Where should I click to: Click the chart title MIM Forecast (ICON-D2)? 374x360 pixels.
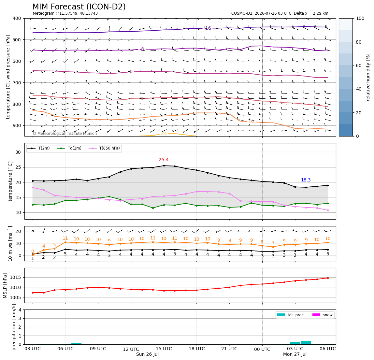79,7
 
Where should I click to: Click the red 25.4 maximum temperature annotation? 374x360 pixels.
164,160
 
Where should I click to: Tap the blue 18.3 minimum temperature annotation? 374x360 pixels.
306,180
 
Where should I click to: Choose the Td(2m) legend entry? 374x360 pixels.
69,148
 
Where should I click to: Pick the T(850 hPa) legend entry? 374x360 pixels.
104,148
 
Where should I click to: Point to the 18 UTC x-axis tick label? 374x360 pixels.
196,349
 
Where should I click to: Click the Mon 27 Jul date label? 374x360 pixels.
295,354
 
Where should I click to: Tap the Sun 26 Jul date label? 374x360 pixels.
147,354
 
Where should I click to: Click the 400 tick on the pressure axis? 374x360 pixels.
17,18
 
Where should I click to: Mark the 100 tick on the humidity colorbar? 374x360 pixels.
360,18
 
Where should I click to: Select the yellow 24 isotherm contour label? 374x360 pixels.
164,134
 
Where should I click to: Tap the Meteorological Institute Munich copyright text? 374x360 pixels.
65,133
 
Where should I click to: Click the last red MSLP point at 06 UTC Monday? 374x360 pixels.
328,278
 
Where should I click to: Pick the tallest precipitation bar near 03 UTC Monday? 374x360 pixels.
306,343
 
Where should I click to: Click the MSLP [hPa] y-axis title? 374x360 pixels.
5,286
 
